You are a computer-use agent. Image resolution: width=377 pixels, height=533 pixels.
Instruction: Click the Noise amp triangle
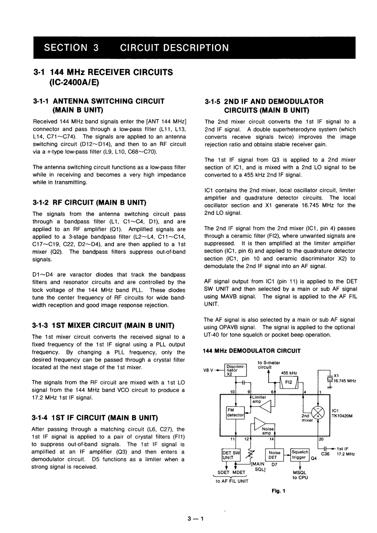(261, 423)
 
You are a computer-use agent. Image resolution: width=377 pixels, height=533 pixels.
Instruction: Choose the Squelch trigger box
(300, 455)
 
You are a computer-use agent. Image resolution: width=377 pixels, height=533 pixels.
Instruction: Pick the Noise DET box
(275, 455)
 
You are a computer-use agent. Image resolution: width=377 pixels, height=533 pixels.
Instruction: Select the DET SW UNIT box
(232, 455)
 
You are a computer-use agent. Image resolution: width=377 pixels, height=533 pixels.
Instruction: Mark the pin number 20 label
(321, 439)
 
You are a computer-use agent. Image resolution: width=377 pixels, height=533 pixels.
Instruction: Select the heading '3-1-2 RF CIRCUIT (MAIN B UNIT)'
(89, 190)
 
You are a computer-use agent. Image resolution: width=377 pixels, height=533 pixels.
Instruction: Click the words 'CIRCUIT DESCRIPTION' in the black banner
(174, 48)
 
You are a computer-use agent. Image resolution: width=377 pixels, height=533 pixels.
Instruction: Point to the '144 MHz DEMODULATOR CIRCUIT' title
(252, 351)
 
